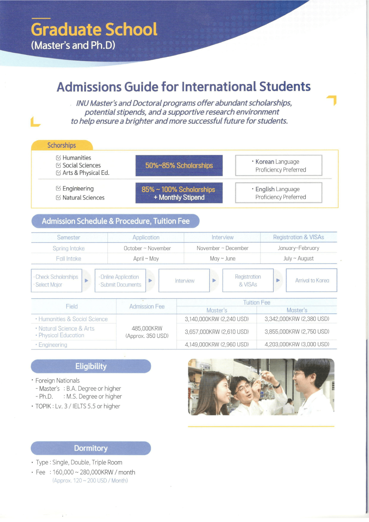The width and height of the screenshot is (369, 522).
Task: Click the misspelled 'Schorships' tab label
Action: coord(62,145)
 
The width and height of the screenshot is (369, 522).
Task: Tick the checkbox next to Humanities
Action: coord(58,158)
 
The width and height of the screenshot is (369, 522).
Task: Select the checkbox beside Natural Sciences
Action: coord(58,198)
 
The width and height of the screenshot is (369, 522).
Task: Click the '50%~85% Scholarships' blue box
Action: coord(179,165)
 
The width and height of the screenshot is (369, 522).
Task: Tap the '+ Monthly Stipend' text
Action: coord(179,198)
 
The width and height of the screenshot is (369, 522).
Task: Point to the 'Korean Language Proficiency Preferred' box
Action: coord(278,165)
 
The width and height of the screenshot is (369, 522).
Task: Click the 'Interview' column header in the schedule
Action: coord(222,237)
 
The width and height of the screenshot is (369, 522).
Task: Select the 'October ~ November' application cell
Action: coord(147,248)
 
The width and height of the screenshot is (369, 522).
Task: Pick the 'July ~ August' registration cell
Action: coord(299,258)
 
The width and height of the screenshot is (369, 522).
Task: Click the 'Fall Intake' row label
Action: coord(69,259)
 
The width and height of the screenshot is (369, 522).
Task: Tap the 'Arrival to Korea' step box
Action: coord(312,280)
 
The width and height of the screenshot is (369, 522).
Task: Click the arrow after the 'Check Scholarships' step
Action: coord(86,281)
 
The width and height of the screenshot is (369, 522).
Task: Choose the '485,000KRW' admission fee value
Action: coord(147,328)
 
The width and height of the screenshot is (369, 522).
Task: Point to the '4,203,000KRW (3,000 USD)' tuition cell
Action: coord(297,344)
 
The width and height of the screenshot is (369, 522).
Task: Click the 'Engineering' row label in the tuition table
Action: coord(53,345)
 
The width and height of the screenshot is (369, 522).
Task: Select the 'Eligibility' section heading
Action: coord(91,366)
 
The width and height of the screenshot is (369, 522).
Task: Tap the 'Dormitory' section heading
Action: coord(91,448)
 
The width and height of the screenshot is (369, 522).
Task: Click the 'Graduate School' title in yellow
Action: coord(94,29)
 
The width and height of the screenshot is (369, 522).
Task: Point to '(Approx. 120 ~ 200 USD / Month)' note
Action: coord(90,481)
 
